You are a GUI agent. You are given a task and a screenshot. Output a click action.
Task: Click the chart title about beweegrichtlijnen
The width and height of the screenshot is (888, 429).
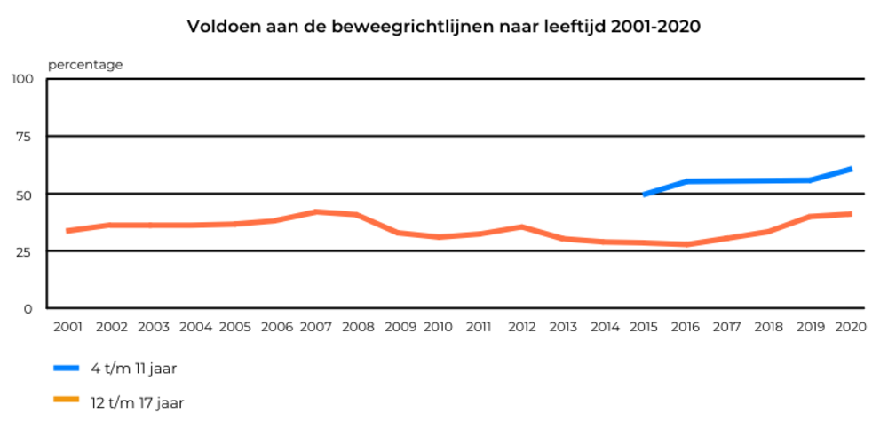point(444,27)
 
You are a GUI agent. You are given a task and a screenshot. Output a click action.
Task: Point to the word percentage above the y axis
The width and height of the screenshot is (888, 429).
point(85,64)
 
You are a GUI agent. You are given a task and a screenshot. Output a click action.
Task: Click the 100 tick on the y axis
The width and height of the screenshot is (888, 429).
point(21,79)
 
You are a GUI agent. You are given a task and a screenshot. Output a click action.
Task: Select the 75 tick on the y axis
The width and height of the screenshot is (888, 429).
point(24,136)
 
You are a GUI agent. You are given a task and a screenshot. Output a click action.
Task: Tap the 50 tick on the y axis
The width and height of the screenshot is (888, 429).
point(24,194)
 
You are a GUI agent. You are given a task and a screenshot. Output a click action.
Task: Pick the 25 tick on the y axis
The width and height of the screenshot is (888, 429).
point(24,251)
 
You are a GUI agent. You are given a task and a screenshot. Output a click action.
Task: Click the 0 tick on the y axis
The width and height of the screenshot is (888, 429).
point(27,308)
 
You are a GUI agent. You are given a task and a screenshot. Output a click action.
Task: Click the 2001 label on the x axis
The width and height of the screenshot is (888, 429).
point(67,327)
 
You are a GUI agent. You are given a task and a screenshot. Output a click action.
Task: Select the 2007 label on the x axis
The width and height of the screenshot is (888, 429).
point(315,327)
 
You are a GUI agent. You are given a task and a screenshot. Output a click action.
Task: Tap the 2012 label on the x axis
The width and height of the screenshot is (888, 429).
point(521,327)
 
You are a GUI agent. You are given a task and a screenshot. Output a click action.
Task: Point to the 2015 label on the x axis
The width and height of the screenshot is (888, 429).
point(644,327)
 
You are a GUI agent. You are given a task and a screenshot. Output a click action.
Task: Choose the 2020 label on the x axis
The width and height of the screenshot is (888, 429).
point(850,327)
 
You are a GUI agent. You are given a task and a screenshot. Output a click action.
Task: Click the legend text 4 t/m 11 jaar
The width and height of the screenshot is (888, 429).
point(139,367)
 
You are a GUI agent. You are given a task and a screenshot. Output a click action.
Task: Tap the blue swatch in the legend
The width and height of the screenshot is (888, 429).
point(67,366)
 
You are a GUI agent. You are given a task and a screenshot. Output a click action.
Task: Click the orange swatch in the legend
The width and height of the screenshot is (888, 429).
point(67,401)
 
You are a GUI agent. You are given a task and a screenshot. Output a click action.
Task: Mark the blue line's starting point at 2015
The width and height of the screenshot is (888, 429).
point(645,194)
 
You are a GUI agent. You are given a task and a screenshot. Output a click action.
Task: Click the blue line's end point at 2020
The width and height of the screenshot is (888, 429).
point(851,169)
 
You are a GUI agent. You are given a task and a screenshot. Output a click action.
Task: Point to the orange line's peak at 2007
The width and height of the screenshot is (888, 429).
point(315,211)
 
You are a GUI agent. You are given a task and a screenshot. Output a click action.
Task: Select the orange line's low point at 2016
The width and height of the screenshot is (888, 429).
point(686,244)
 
